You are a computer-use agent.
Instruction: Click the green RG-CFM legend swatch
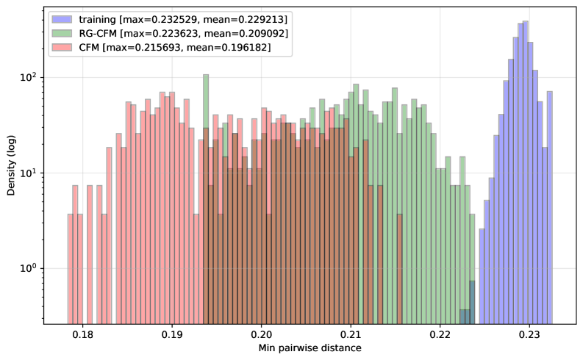coord(62,32)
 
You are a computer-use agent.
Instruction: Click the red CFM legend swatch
coord(62,48)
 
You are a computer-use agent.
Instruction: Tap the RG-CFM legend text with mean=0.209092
coord(185,32)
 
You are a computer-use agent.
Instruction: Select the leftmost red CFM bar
coord(70,268)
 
